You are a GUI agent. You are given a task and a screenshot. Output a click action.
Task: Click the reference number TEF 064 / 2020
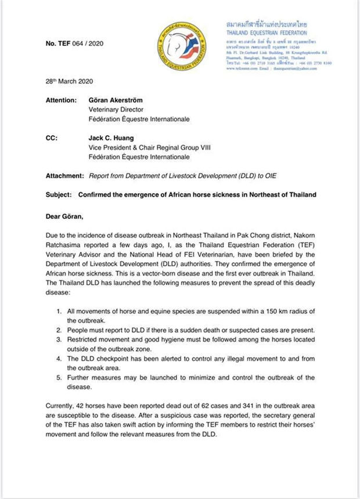[70, 44]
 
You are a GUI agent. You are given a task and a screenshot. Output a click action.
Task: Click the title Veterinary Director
[114, 110]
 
